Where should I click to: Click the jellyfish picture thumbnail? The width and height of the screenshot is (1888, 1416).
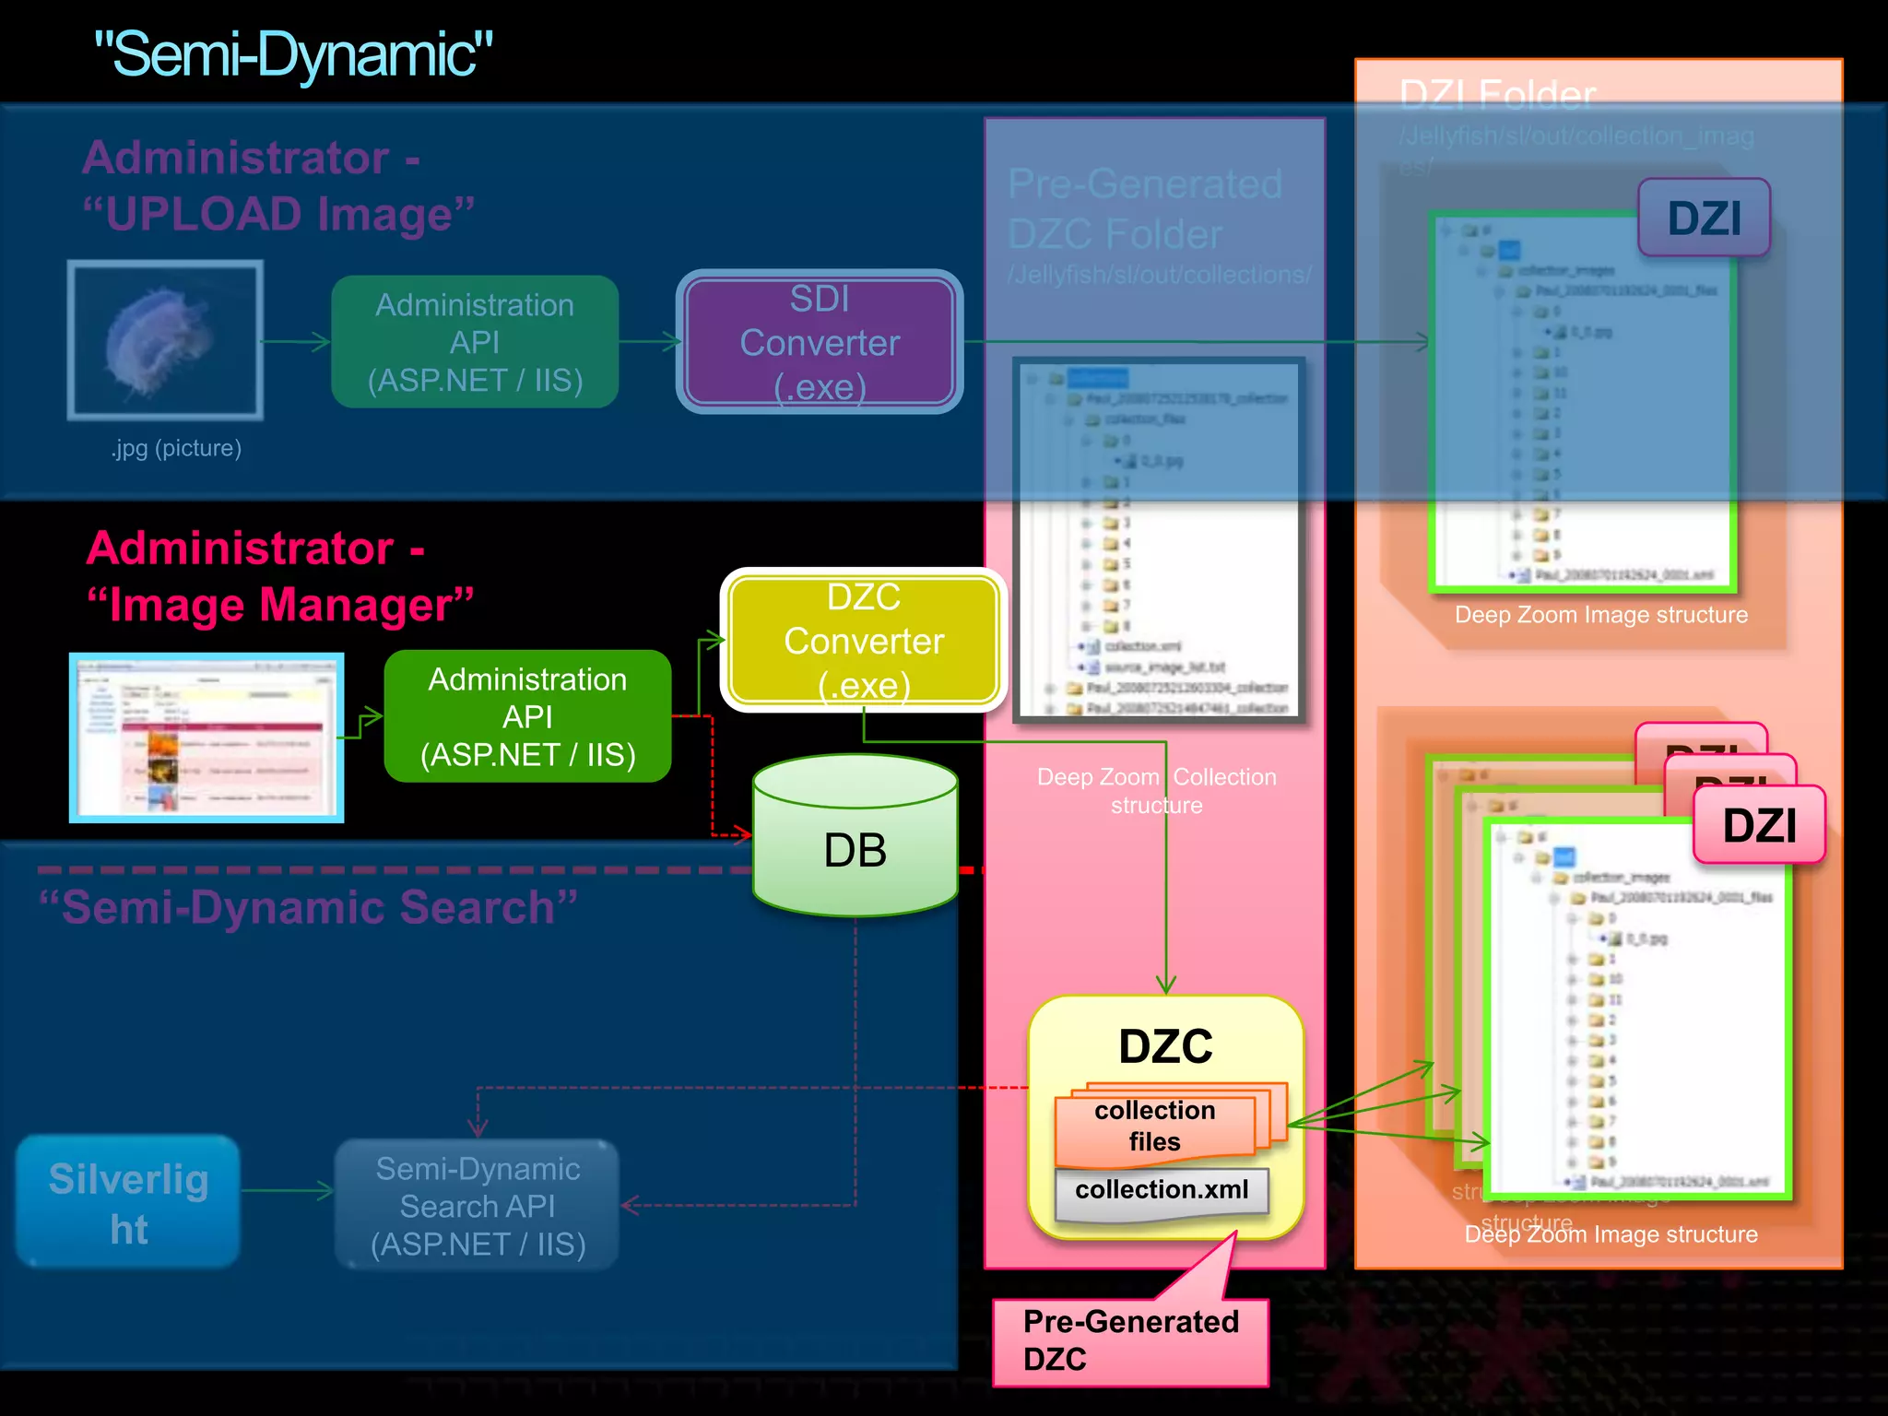coord(165,340)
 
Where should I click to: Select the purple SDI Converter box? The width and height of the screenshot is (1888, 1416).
coord(820,342)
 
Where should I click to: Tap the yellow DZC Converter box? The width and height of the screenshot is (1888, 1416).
coord(863,641)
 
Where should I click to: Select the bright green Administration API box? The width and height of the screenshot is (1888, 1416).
coord(527,716)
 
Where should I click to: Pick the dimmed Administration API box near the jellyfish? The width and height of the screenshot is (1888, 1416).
coord(475,342)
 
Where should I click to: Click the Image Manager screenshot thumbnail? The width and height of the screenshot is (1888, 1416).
coord(206,737)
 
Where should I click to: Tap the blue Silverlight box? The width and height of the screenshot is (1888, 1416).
coord(128,1202)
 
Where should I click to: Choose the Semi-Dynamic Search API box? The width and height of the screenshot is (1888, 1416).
coord(478,1206)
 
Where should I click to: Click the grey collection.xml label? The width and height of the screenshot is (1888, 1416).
coord(1161,1190)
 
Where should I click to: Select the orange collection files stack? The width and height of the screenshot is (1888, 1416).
coord(1156,1125)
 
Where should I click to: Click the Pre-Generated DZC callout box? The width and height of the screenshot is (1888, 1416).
coord(1130,1341)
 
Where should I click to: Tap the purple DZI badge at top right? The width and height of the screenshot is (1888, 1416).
coord(1704,218)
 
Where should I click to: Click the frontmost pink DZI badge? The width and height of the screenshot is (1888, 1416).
coord(1759,825)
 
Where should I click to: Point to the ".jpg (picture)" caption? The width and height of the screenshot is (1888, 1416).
coord(176,448)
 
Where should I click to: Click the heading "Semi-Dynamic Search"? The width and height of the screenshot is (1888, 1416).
coord(308,907)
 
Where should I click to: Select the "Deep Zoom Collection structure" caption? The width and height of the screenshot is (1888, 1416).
coord(1156,791)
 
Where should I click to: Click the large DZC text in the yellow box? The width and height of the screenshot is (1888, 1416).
coord(1165,1047)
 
